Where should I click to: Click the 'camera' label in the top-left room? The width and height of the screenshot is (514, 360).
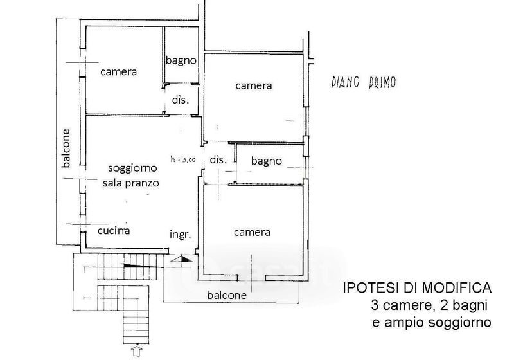pos(118,72)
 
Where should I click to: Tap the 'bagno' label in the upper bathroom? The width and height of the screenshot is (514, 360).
pos(181,60)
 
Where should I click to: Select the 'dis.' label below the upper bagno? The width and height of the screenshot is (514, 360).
pos(181,100)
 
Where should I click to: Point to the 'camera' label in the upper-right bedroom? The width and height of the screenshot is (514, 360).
pos(254,86)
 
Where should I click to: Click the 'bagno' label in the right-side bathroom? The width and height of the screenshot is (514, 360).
pos(267,161)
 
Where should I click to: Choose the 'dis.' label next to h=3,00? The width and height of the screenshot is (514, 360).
pos(218,159)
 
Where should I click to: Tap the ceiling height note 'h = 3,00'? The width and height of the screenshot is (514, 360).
pos(183,159)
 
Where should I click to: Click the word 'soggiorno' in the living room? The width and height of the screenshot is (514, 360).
pos(132,168)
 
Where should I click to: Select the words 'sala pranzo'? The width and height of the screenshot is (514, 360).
pos(131,183)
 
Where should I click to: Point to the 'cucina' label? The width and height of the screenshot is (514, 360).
pos(114,231)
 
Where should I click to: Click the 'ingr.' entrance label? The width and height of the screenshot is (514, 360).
pos(181,235)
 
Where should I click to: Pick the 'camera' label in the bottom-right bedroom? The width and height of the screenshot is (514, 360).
pos(252,233)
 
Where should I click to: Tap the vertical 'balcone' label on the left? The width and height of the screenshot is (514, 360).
pos(67,148)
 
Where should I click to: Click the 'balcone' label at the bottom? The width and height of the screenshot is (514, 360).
pos(227,296)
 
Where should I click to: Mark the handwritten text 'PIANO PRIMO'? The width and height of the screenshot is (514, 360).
pos(364,82)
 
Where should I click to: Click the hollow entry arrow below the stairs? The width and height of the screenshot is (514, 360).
pos(136,350)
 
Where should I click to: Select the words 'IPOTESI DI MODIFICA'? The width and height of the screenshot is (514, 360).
pos(417,288)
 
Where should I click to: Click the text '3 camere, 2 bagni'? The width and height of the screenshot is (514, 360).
pos(429,305)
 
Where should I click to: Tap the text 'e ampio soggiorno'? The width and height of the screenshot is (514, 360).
pos(431,323)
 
